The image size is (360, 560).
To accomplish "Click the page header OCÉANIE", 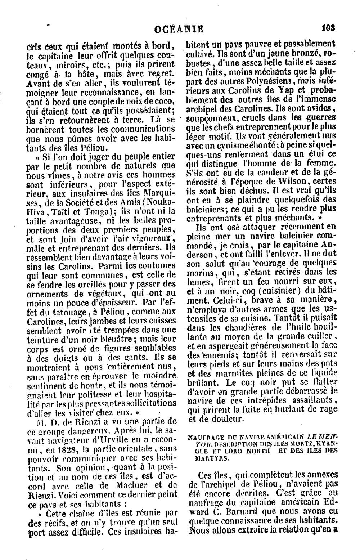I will pos(179,28).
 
